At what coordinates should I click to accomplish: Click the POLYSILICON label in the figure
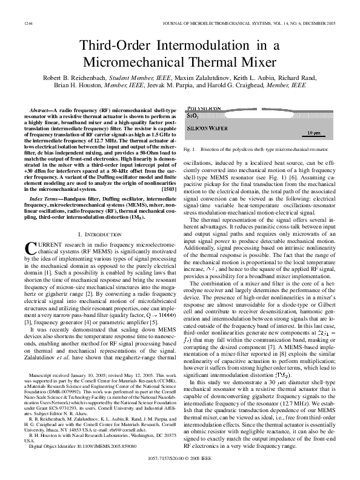tap(204, 107)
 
